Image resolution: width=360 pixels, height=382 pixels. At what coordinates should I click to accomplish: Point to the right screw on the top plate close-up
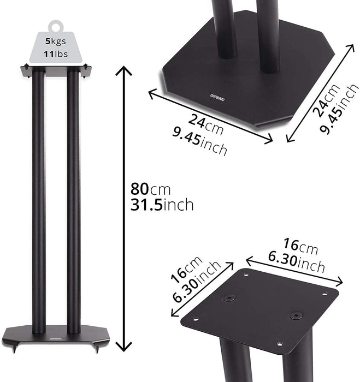[296, 315]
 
